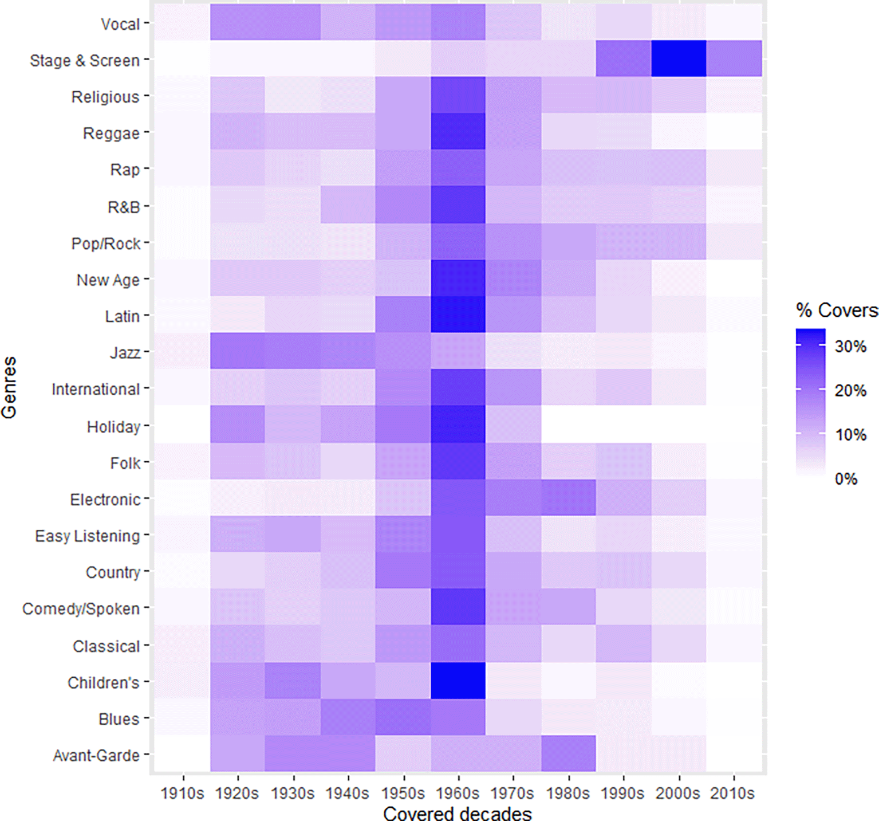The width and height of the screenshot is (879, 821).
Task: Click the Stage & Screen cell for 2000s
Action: [679, 58]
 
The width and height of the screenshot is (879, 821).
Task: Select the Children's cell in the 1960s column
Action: [458, 681]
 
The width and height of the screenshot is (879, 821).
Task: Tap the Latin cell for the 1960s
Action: [458, 315]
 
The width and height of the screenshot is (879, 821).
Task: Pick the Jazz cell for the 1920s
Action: [238, 352]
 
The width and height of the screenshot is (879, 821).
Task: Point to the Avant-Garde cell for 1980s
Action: [569, 754]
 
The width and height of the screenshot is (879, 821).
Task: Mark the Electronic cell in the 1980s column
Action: [569, 498]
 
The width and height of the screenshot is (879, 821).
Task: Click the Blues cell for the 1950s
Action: [403, 717]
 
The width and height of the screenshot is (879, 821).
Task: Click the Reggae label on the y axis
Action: [111, 133]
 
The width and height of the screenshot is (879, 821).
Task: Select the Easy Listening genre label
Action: [87, 536]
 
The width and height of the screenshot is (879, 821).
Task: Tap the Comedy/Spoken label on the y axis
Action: [81, 608]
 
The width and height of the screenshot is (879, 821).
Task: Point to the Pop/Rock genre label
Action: [105, 243]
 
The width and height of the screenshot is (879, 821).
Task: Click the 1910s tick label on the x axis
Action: [183, 793]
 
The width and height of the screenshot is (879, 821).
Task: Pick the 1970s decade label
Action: [513, 793]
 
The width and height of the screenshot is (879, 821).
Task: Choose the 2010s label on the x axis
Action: [733, 793]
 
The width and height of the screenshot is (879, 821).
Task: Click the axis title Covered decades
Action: [458, 813]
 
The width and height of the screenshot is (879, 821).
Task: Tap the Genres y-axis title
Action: [9, 387]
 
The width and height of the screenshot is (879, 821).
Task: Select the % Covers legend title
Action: [836, 310]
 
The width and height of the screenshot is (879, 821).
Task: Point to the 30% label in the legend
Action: [850, 346]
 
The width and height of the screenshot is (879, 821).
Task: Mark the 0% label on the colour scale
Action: [846, 479]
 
